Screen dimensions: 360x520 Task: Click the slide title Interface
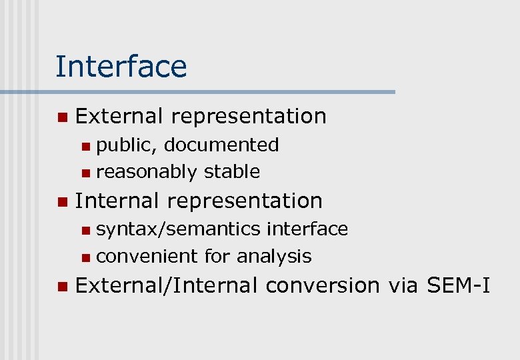[x=121, y=67]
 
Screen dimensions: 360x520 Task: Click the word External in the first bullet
[x=119, y=116]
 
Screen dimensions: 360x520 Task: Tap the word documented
[x=221, y=145]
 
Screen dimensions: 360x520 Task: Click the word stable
[x=232, y=171]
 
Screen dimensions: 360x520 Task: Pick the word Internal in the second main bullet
[x=117, y=201]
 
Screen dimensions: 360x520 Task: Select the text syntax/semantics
[x=178, y=229]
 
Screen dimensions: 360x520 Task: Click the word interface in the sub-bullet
[x=307, y=229]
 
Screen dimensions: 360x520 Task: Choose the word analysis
[x=274, y=257]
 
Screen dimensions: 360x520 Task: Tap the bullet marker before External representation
[x=62, y=117]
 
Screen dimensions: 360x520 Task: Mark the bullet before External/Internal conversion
[x=62, y=287]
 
